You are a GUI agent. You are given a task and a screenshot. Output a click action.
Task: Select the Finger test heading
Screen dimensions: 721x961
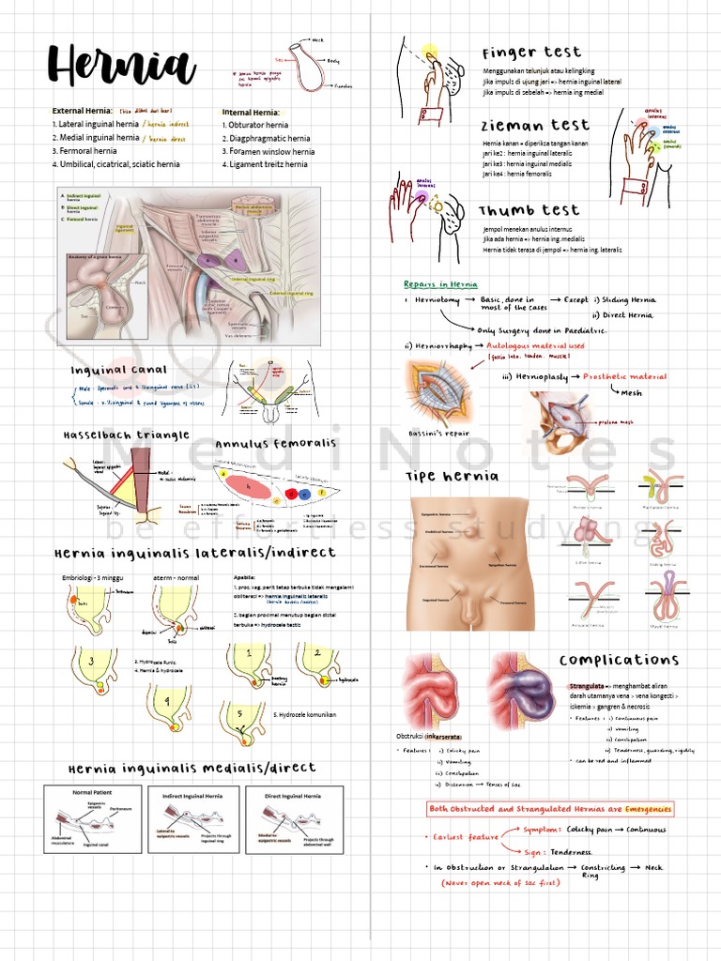click(x=531, y=53)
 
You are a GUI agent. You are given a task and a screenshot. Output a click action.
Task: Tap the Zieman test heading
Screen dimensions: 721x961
click(x=535, y=125)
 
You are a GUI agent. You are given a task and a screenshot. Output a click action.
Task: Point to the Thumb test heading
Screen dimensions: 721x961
click(x=529, y=210)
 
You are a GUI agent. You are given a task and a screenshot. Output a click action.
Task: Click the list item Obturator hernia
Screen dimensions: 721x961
click(x=255, y=125)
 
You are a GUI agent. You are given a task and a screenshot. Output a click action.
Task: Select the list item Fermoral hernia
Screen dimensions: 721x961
click(x=84, y=150)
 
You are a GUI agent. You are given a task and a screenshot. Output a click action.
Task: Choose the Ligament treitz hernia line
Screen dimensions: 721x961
click(x=265, y=164)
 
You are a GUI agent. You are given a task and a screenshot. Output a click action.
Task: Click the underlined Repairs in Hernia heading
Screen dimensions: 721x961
click(x=440, y=284)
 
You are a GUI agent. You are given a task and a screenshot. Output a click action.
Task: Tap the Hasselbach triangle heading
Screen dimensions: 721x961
click(x=126, y=435)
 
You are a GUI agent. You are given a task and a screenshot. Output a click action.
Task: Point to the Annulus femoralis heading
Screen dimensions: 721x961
click(x=272, y=444)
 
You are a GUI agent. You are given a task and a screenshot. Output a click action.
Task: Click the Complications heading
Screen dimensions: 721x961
click(x=619, y=660)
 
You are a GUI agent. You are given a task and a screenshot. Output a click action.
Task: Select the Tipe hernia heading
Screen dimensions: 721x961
click(x=452, y=476)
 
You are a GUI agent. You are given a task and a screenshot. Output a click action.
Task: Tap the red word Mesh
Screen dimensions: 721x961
click(x=631, y=393)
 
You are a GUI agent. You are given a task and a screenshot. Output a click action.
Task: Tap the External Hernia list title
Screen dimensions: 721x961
click(x=83, y=111)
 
